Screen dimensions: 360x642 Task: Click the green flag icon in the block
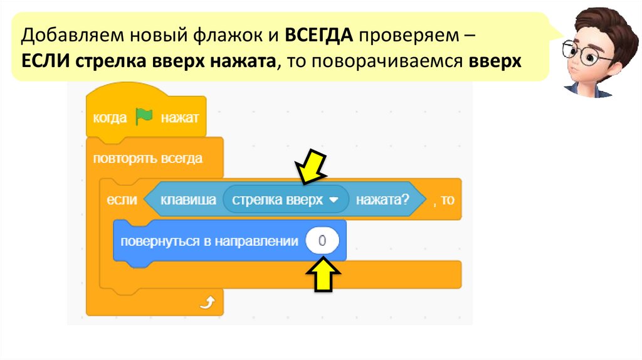[x=144, y=117]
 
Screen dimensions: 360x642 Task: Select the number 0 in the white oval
[x=322, y=241]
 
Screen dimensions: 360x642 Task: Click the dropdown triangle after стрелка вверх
[x=334, y=199]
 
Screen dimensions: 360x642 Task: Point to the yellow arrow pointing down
[x=311, y=166]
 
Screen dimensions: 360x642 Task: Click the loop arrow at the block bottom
[x=206, y=304]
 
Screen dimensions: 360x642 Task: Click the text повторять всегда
[x=148, y=158]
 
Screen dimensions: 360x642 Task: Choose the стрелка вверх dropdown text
[x=277, y=200]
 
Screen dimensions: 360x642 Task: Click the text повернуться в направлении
[x=209, y=241]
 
